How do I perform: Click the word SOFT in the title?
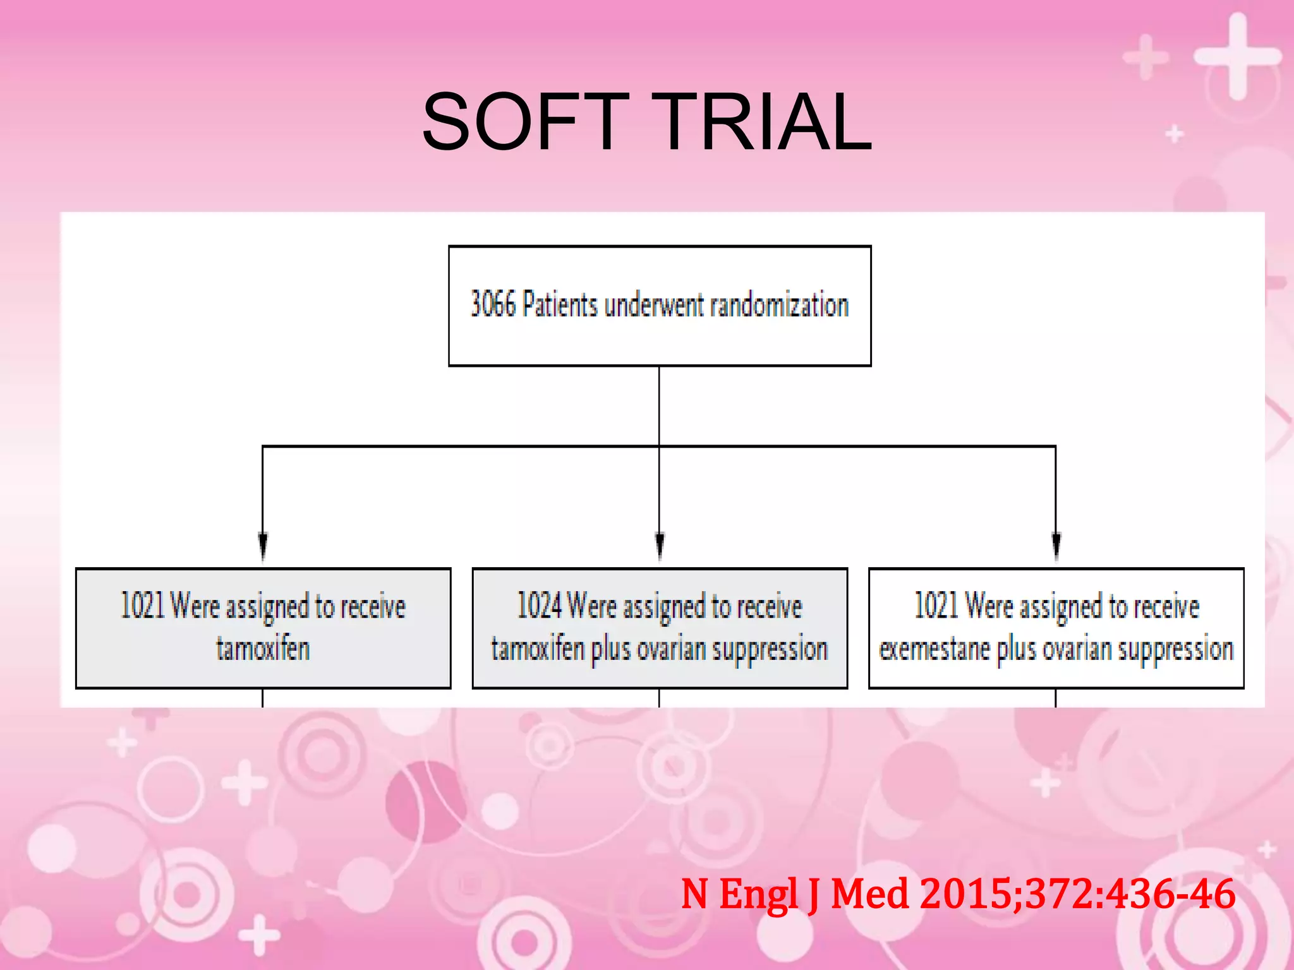pos(526,121)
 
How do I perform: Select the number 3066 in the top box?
pos(493,304)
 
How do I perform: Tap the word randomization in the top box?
pos(779,306)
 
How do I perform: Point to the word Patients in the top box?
pos(560,304)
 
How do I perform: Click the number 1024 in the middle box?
pos(539,605)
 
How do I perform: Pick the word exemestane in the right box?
pos(934,649)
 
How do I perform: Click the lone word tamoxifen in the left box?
pos(263,649)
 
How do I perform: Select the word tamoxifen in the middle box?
pos(538,649)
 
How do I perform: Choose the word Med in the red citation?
pos(869,894)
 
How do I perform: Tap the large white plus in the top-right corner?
pos(1237,57)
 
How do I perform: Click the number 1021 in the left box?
pos(142,605)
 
